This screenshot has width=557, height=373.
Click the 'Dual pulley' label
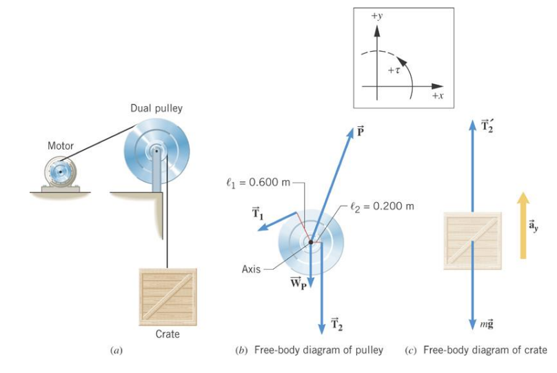pos(156,108)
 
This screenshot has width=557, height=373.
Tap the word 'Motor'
pos(60,146)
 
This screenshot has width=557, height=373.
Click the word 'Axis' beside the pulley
pos(251,269)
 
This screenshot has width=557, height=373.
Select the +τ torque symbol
pos(394,70)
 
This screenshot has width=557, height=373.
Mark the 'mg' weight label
pos(487,323)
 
